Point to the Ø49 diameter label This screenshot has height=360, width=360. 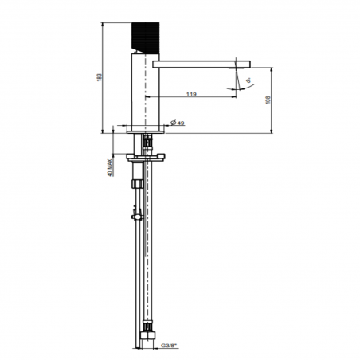pyautogui.click(x=177, y=123)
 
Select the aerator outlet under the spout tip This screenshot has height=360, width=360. pyautogui.click(x=238, y=69)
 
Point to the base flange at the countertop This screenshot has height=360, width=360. pyautogui.click(x=144, y=127)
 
